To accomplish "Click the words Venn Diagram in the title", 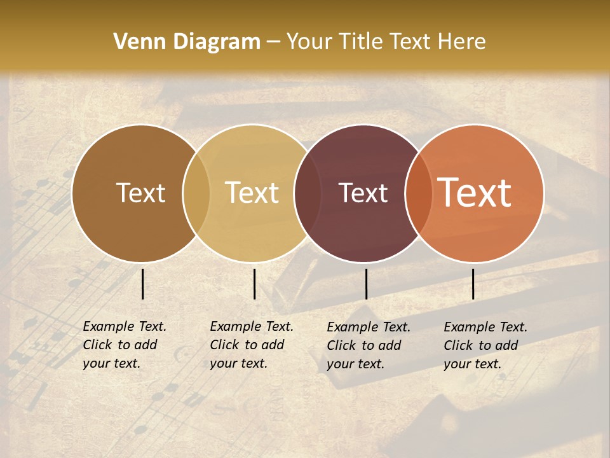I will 187,42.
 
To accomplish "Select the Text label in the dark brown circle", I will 140,193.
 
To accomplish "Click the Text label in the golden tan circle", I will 252,193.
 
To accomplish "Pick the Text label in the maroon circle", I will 363,193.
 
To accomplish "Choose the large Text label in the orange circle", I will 475,193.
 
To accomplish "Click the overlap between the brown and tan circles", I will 196,193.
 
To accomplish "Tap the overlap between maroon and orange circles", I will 418,193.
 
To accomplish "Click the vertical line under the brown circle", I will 142,284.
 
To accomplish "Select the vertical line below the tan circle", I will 254,284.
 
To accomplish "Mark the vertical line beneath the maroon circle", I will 366,284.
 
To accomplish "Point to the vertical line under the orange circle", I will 473,284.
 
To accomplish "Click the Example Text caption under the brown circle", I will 125,345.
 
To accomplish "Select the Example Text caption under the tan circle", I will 252,345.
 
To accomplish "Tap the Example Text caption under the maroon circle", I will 369,345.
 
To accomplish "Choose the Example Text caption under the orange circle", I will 485,345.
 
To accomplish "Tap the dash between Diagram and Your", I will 273,42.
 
